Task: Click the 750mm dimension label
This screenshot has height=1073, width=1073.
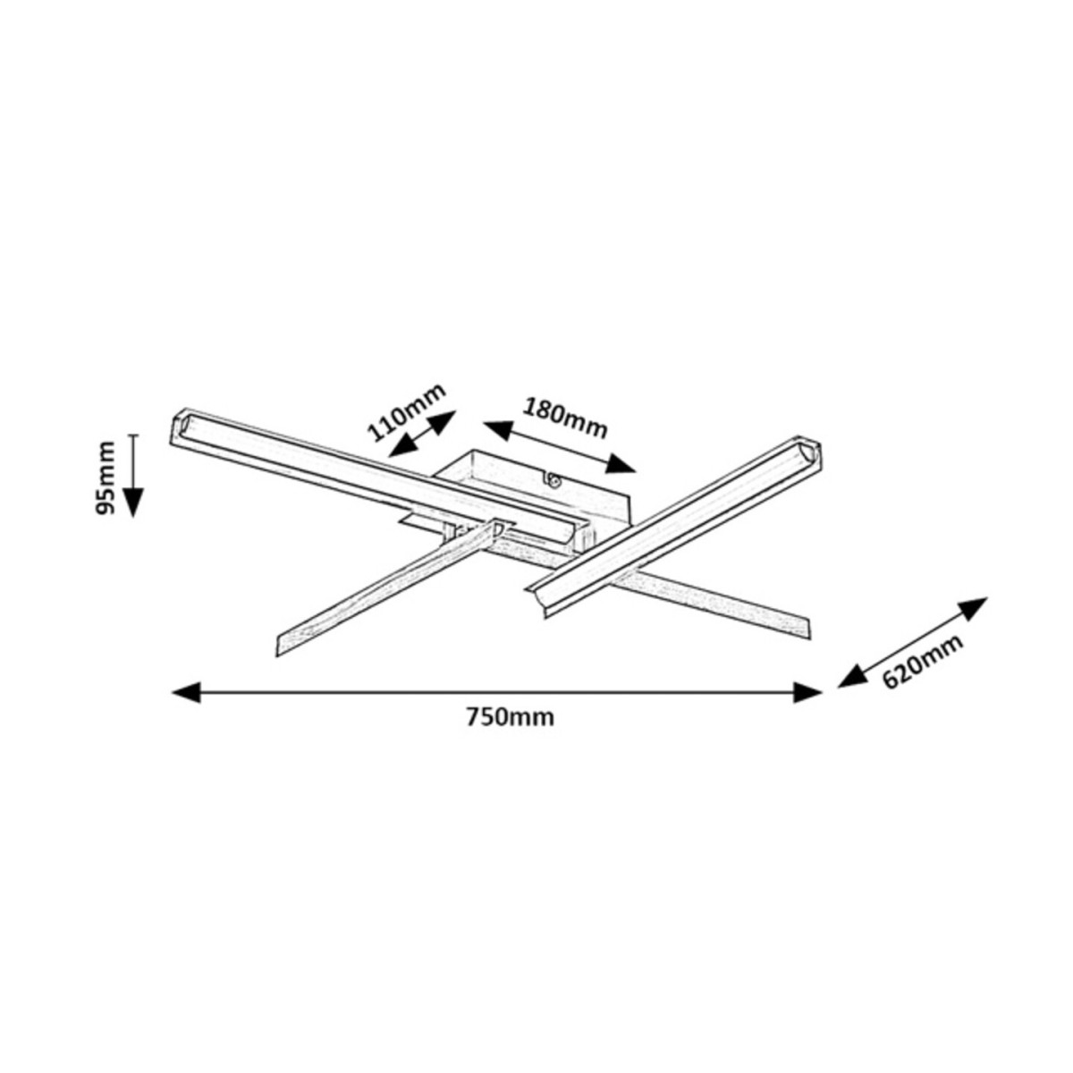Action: (510, 717)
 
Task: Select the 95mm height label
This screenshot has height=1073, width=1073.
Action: (106, 477)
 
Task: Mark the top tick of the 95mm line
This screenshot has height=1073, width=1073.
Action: (133, 435)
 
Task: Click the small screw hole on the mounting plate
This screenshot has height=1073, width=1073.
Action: (554, 481)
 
